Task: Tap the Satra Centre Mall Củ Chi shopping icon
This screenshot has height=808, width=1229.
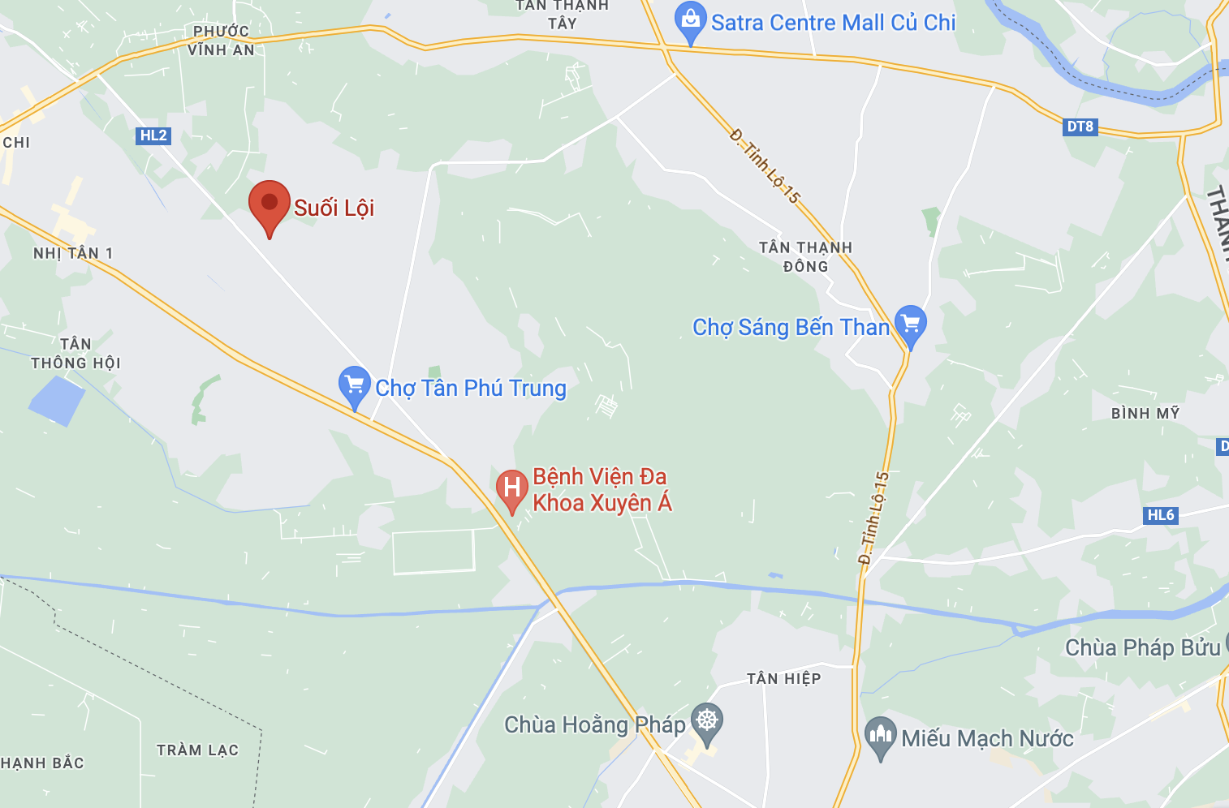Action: click(x=690, y=23)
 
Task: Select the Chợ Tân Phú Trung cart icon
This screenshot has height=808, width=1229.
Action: click(x=354, y=386)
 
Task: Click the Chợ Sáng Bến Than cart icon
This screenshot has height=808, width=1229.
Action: click(x=910, y=324)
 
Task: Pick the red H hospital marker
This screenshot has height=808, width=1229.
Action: click(x=511, y=489)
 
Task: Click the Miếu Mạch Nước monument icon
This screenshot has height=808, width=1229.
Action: click(x=880, y=737)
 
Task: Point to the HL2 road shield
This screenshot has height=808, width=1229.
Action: click(x=153, y=135)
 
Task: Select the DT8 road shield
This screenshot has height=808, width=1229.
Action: click(x=1080, y=127)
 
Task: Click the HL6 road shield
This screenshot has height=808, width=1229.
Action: click(x=1161, y=515)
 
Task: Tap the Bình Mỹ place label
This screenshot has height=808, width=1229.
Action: click(x=1145, y=414)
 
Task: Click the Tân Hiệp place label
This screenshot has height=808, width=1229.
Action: click(x=783, y=678)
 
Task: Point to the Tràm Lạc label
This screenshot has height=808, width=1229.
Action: click(x=198, y=750)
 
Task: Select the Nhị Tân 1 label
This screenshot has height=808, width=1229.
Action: click(x=73, y=253)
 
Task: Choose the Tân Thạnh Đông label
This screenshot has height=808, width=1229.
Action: click(x=805, y=256)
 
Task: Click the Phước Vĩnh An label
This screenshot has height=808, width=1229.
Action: click(x=221, y=41)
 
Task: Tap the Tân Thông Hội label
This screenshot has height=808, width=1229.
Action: click(x=75, y=354)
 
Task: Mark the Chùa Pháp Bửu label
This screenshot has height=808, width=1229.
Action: click(x=1142, y=647)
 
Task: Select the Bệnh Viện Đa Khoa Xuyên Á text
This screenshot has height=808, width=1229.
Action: click(x=602, y=490)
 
